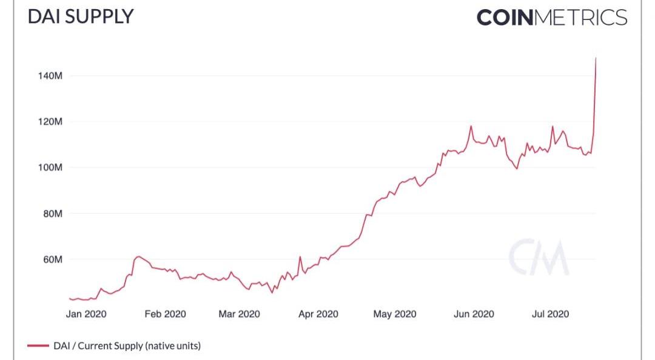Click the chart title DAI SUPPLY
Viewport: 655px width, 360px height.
point(80,16)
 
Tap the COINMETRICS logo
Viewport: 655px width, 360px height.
point(551,17)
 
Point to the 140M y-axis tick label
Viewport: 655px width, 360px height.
point(50,76)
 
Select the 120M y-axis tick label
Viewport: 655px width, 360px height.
point(50,122)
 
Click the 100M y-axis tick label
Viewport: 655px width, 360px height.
point(50,167)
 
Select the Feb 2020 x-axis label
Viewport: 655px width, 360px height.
point(165,314)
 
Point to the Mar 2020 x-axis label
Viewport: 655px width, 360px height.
point(240,314)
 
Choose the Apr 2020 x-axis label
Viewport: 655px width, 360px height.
point(318,314)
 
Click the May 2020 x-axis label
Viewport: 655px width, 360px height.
point(395,314)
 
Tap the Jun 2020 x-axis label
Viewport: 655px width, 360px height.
point(474,314)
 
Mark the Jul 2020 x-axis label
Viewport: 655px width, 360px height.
point(550,314)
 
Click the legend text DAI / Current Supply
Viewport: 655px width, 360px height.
point(127,346)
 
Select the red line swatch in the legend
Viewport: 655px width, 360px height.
point(38,346)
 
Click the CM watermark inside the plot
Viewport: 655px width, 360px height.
point(539,258)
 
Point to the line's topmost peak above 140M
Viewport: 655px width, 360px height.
point(596,58)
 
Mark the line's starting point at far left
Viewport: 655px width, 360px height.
point(70,298)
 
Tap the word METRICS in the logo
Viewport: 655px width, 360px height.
point(580,17)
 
